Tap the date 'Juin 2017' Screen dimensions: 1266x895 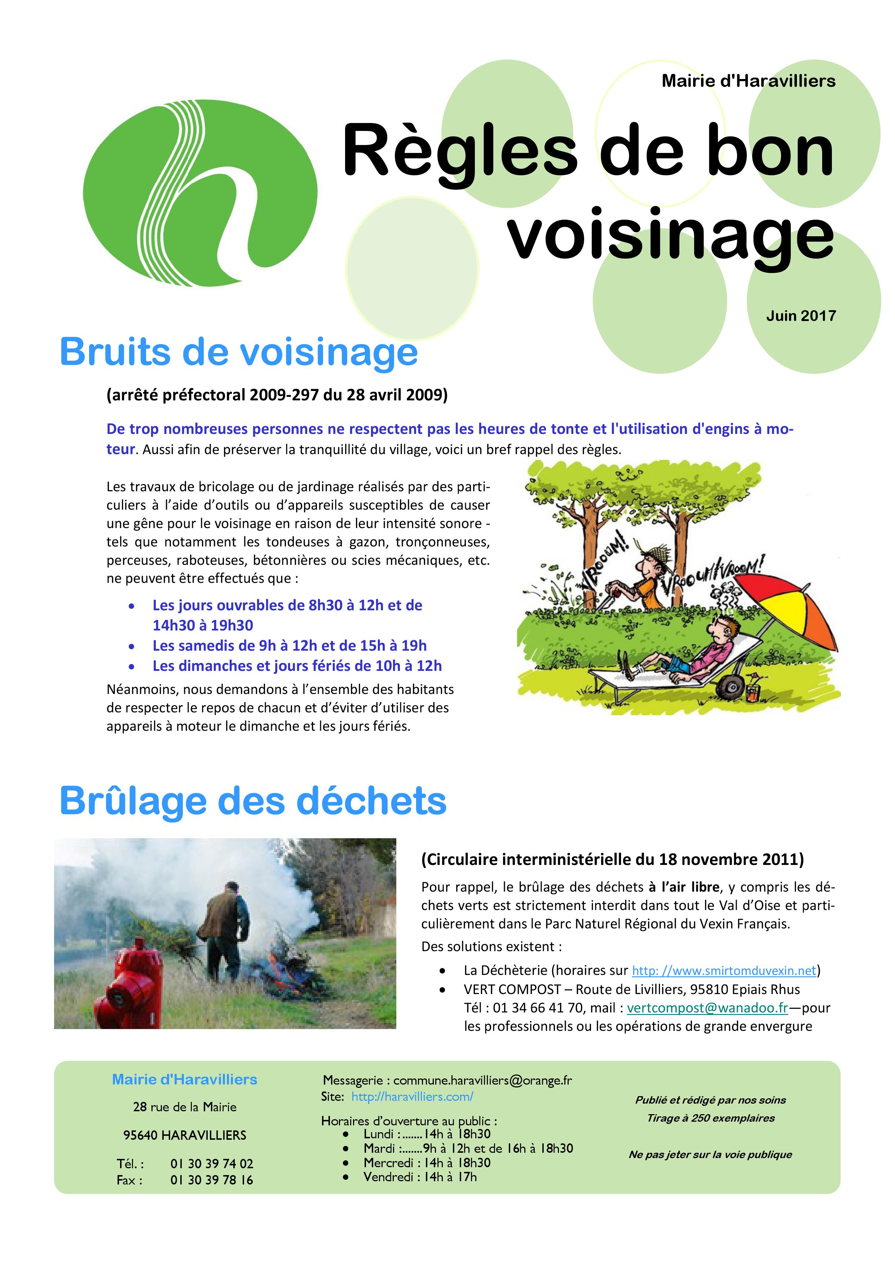801,316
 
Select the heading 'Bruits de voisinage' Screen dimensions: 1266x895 239,351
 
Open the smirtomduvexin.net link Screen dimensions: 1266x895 724,971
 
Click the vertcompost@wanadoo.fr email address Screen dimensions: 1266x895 707,1008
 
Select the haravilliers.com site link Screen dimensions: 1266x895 412,1097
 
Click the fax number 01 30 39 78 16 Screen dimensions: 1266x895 212,1180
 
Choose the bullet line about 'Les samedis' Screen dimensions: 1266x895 289,646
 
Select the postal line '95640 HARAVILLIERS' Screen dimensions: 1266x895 185,1135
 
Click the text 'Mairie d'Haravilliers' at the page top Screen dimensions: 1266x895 748,81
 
